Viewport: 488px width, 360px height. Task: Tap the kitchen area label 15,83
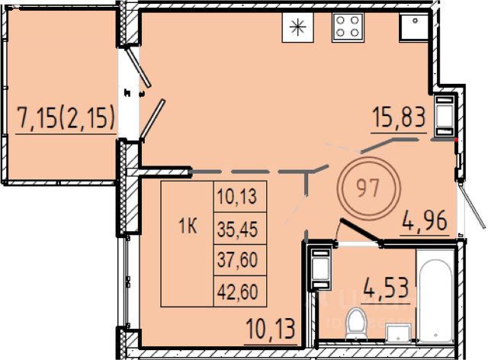coord(399,117)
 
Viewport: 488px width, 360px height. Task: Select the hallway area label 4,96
coord(425,220)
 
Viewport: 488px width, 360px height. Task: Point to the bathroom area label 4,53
coord(386,288)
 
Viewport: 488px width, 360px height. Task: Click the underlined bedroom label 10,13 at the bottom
coord(270,329)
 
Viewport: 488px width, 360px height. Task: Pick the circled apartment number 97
coord(368,188)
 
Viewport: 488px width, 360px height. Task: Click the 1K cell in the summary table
coord(188,227)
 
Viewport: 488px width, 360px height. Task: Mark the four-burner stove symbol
coord(348,27)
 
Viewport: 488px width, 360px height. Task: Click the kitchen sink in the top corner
coord(415,27)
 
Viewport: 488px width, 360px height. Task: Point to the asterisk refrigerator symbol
coord(298,27)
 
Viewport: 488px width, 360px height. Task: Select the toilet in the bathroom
coord(357,324)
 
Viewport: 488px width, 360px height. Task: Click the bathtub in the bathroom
coord(435,301)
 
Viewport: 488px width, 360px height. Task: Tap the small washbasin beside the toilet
coord(398,333)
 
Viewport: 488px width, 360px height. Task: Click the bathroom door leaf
coord(361,231)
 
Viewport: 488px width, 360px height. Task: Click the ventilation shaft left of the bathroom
coord(320,268)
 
